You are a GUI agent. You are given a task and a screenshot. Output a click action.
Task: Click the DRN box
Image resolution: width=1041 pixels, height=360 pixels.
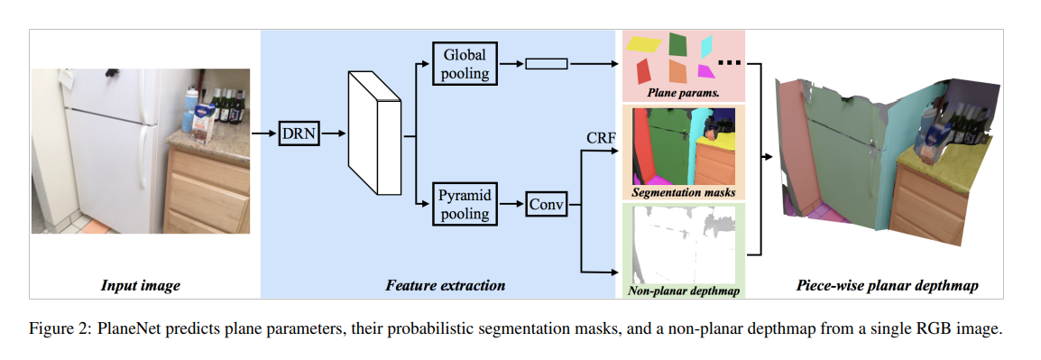(x=299, y=134)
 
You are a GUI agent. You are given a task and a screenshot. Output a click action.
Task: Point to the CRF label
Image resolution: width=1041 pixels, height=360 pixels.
(x=602, y=137)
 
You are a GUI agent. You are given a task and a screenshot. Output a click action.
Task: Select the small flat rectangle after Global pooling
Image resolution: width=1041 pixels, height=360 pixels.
(x=545, y=63)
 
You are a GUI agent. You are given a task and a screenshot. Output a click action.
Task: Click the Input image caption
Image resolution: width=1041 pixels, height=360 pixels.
(x=140, y=286)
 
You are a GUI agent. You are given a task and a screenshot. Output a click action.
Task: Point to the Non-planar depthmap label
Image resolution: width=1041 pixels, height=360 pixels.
(x=683, y=291)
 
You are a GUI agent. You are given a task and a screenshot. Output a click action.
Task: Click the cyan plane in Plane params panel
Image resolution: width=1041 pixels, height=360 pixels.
(x=706, y=44)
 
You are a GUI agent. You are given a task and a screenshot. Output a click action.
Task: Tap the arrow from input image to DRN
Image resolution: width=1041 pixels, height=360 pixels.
(x=263, y=134)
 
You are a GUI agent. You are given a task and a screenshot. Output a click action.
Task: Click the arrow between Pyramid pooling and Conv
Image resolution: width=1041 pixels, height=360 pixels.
(x=511, y=205)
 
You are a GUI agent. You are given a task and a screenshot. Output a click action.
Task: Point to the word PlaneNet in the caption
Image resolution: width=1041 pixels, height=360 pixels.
(x=129, y=329)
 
